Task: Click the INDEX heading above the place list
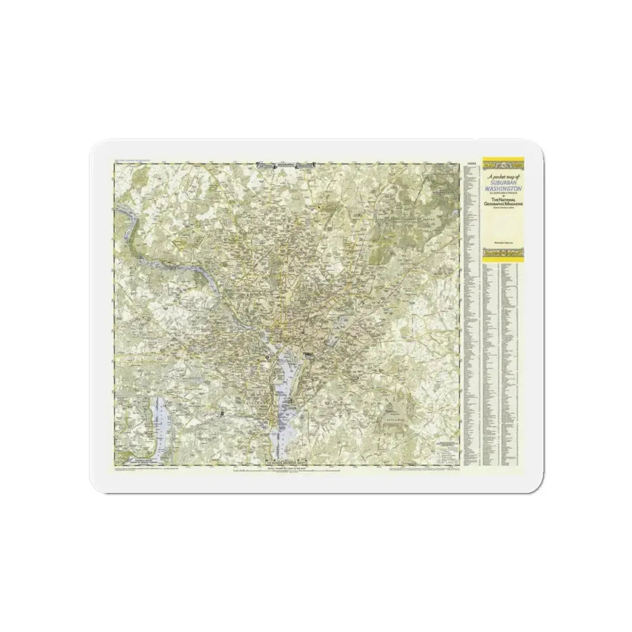pyautogui.click(x=472, y=164)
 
